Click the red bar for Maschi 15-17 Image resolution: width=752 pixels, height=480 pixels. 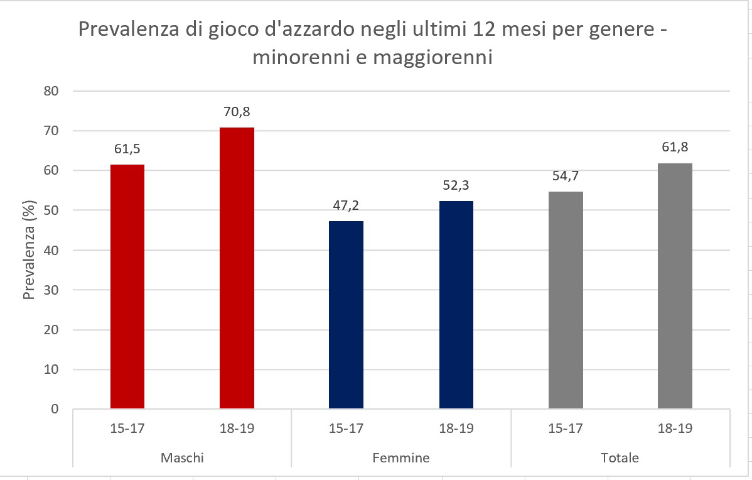(x=127, y=286)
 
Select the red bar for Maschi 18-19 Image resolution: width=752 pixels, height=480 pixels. (x=237, y=268)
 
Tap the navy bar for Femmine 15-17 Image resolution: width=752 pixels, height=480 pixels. (x=346, y=315)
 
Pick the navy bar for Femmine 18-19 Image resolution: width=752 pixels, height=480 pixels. (x=456, y=305)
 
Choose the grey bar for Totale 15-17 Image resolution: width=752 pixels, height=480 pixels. (x=566, y=300)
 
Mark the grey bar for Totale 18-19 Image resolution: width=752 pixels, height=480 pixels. (x=675, y=286)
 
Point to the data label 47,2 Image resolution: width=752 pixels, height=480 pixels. (x=346, y=207)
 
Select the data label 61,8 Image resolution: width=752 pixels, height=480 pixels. (x=675, y=150)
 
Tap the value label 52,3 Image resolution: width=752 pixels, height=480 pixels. (x=456, y=187)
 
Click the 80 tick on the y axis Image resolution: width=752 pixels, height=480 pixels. (x=51, y=91)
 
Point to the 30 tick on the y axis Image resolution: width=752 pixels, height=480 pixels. (x=51, y=290)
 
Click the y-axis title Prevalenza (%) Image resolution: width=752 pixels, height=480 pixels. (x=29, y=251)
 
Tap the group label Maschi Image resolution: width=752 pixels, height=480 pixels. (x=182, y=457)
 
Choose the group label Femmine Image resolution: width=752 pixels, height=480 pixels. (x=401, y=457)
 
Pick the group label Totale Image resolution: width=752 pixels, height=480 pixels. (x=620, y=457)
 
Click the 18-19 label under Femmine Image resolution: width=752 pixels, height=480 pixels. (x=456, y=429)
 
